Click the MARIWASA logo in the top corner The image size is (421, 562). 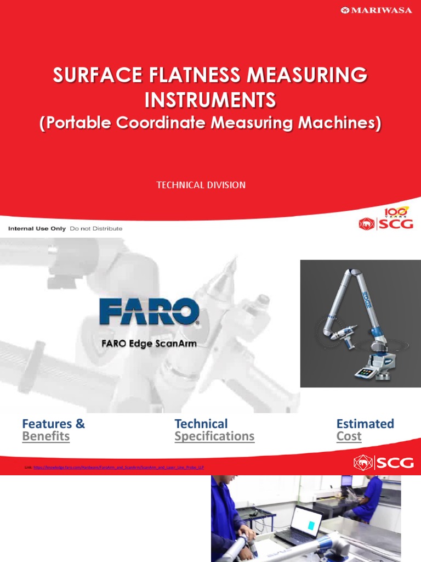click(376, 10)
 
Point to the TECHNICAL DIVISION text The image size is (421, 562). click(201, 185)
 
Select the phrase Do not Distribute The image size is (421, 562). click(96, 228)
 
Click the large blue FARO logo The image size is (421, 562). click(149, 312)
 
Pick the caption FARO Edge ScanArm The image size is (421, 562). click(148, 344)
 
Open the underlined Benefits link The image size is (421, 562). click(45, 436)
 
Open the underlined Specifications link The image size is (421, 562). click(214, 436)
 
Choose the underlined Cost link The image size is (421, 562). click(349, 436)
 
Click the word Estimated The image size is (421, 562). click(365, 424)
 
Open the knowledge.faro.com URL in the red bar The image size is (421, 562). click(118, 467)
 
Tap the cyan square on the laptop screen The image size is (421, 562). click(311, 526)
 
